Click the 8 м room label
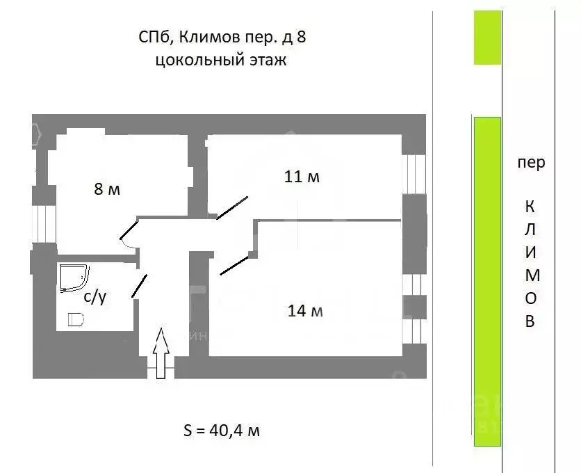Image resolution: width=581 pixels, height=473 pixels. point(107,189)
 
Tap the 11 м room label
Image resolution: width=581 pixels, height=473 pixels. point(302,177)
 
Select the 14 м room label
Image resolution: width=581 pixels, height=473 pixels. point(305,311)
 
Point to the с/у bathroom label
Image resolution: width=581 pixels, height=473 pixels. point(95,297)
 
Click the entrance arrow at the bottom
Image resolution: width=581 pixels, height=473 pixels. point(161,353)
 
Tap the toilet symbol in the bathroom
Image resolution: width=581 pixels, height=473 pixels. point(76,319)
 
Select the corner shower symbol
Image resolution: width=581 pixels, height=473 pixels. point(74,277)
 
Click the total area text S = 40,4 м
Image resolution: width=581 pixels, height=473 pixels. point(222,431)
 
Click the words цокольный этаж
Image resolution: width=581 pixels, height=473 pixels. point(221,60)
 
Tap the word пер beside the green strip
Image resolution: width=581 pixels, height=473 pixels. point(531,163)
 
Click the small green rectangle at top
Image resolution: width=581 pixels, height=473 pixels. point(487,38)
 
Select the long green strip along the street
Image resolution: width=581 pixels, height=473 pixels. point(487,282)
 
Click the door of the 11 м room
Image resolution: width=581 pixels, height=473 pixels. point(232,208)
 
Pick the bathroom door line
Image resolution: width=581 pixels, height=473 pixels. point(139,286)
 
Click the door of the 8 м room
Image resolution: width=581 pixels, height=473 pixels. point(129,230)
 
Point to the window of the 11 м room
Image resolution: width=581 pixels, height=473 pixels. point(414,174)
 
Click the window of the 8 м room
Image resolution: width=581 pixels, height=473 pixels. point(44,224)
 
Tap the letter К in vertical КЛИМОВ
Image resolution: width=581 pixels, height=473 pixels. point(530,207)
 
